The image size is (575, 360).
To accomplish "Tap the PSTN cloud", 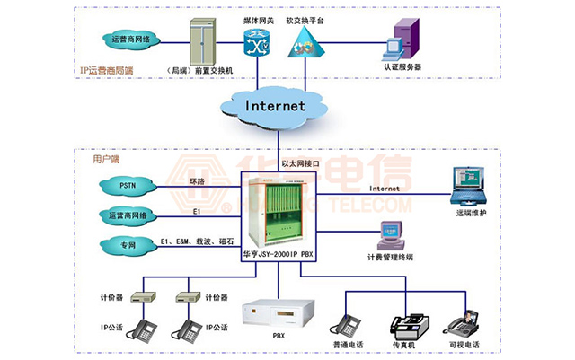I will (128, 187).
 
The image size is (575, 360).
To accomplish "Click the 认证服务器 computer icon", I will (399, 40).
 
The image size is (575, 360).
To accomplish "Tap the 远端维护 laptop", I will (470, 186).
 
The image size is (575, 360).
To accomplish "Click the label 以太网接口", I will (301, 163).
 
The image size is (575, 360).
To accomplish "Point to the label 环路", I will (197, 181).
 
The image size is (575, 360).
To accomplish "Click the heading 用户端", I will (107, 159).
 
